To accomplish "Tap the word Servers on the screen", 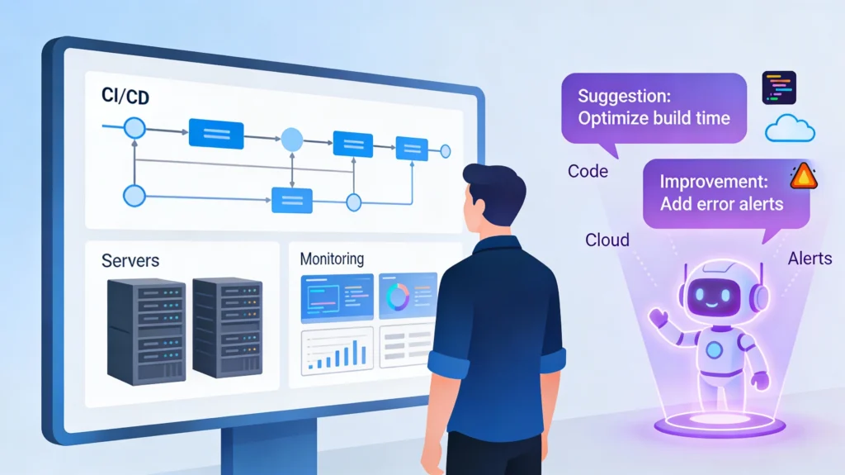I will pos(130,261).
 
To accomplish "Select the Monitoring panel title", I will pos(331,259).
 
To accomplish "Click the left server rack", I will pos(146,330).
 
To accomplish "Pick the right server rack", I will pos(227,327).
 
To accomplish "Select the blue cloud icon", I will pos(790,129).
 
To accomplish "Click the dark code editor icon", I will pos(779,87).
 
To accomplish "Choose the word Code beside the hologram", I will pos(588,172).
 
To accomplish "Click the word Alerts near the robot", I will pos(810,259).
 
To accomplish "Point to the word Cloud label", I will pos(607,240).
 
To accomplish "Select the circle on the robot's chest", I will pos(715,347).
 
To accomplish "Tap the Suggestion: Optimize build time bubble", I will pos(653,107).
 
